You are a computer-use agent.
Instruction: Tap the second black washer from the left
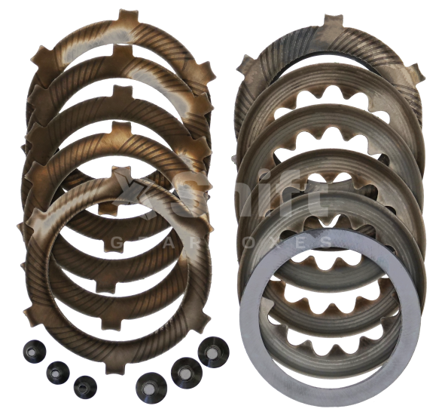[x=57, y=370]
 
